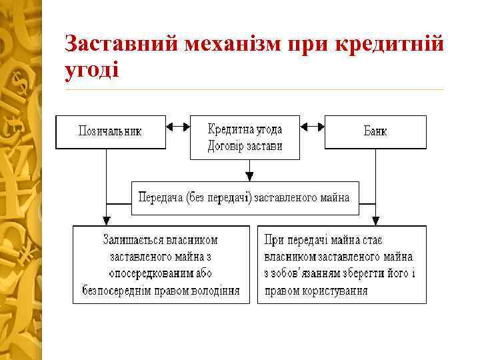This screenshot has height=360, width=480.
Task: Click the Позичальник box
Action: coord(110,131)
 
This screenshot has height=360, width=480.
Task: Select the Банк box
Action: coord(375,131)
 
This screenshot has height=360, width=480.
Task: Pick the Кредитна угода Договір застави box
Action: coord(245,137)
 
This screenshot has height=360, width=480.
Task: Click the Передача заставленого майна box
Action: coord(245,198)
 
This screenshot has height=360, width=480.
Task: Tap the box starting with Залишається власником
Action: coord(161,265)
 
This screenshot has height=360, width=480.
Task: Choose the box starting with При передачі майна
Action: coord(341,265)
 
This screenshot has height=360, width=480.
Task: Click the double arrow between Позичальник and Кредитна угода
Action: coord(177,125)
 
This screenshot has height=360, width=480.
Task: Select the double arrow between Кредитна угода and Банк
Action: coord(313,125)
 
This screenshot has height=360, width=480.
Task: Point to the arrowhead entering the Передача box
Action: coord(249,177)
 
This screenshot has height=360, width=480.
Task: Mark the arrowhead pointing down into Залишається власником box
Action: coord(106,221)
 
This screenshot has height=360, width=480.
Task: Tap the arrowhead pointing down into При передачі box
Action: coord(376,221)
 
